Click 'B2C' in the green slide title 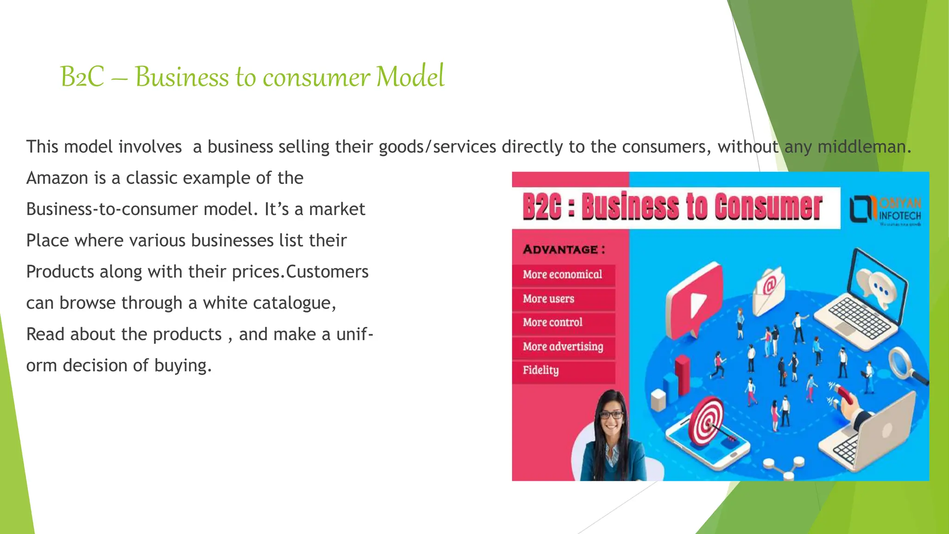click(x=82, y=77)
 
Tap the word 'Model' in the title click(x=410, y=77)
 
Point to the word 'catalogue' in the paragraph click(x=292, y=303)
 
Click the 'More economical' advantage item click(x=563, y=274)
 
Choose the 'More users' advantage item click(x=549, y=299)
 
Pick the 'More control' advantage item click(x=552, y=323)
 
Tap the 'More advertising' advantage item click(x=563, y=347)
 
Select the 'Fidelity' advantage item click(x=541, y=370)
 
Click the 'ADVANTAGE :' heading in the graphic click(x=564, y=250)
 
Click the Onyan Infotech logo click(x=885, y=210)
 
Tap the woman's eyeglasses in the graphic click(x=611, y=415)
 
